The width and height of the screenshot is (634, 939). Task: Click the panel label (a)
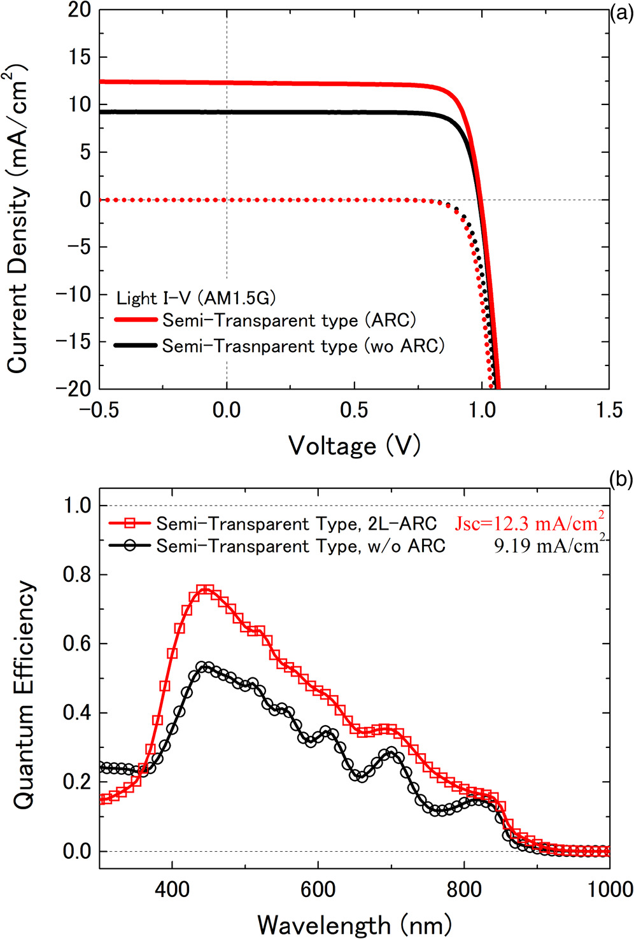621,13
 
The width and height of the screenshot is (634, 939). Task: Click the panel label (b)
621,479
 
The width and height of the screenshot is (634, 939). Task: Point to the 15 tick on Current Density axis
80,57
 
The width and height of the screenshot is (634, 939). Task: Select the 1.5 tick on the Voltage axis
609,409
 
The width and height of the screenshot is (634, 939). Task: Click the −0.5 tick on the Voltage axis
99,409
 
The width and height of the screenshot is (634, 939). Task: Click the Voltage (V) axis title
354,446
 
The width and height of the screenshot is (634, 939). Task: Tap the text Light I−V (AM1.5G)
196,297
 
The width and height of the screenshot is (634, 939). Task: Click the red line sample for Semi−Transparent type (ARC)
135,320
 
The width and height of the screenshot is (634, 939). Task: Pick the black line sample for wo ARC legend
135,346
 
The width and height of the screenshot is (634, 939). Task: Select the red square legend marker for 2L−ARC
130,523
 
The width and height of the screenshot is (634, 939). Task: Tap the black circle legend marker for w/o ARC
130,546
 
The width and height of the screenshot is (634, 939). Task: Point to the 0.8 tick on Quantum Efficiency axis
77,575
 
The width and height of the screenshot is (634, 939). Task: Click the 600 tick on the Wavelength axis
318,889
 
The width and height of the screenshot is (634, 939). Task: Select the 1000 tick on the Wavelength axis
609,889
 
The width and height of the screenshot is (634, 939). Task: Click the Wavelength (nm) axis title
354,924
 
